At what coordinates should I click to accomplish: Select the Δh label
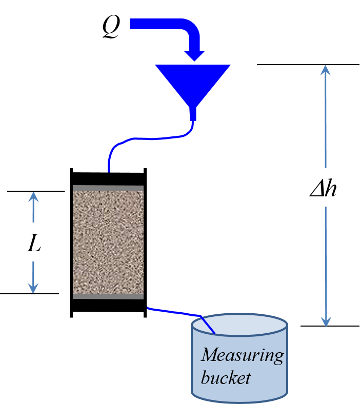325,188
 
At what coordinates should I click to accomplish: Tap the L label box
37,242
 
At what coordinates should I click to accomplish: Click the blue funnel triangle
193,82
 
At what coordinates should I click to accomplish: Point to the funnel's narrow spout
193,114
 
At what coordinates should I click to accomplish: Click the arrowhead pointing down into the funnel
195,55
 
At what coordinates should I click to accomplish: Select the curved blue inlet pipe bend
190,29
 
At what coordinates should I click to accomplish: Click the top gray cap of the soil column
108,188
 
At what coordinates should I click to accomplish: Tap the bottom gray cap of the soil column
108,296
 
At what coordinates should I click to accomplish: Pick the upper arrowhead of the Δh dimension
325,70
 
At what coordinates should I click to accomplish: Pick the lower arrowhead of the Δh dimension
325,322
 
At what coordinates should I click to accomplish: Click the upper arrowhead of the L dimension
33,197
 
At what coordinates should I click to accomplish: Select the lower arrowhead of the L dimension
33,288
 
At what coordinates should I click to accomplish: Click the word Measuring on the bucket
242,355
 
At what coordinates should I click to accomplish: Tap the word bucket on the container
226,378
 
